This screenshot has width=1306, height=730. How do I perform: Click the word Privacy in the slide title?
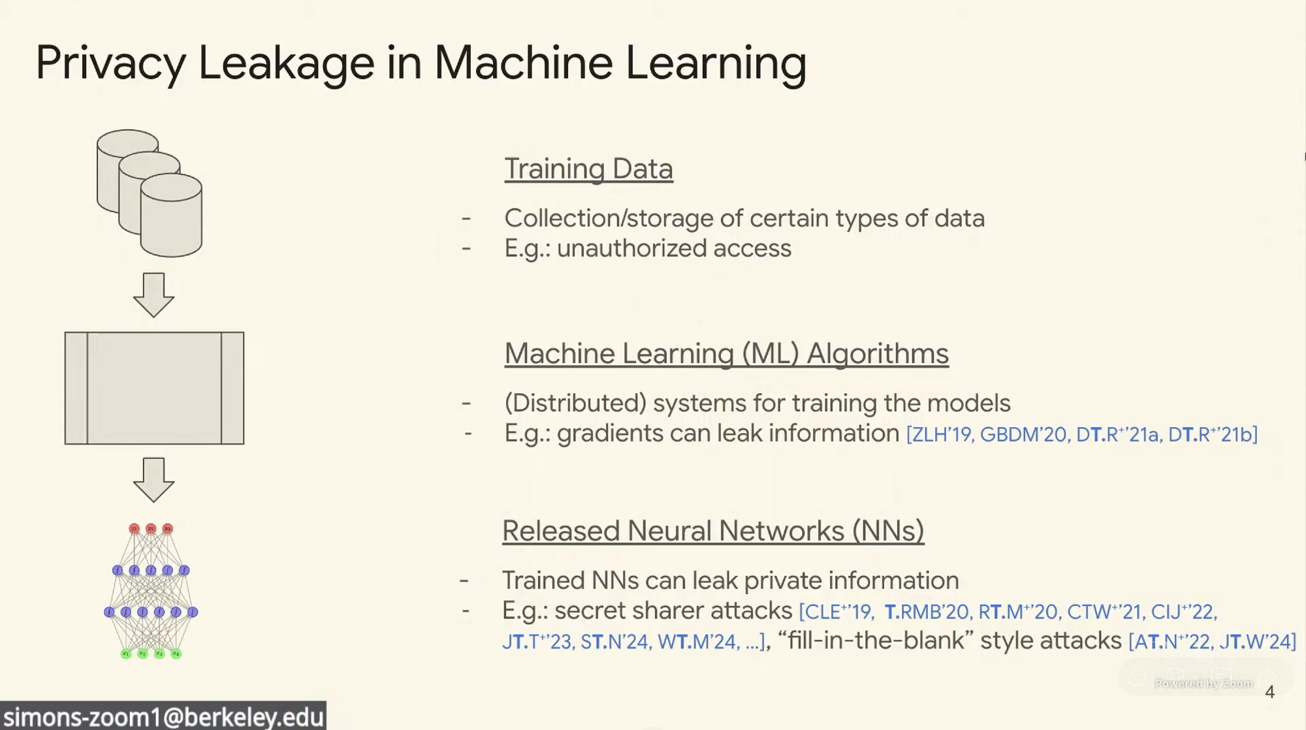[x=111, y=64]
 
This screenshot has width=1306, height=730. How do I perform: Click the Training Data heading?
[x=588, y=169]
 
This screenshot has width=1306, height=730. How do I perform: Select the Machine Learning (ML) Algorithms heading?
[x=726, y=354]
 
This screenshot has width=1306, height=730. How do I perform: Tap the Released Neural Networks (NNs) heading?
[x=713, y=531]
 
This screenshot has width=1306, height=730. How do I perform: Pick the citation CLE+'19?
[x=838, y=612]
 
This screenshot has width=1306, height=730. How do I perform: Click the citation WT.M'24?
[x=697, y=642]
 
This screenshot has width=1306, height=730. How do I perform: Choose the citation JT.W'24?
[x=1254, y=642]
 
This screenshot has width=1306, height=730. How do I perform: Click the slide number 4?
[x=1269, y=692]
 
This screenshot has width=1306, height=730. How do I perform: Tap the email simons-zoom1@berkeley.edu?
[x=163, y=717]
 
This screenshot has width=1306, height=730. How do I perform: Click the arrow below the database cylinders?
[x=153, y=295]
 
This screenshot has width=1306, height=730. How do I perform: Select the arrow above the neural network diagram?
[x=153, y=480]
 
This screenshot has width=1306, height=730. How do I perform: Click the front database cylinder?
[x=171, y=215]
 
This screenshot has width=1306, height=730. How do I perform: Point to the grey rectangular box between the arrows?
[x=154, y=389]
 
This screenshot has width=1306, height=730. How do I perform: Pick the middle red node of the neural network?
[x=151, y=528]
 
